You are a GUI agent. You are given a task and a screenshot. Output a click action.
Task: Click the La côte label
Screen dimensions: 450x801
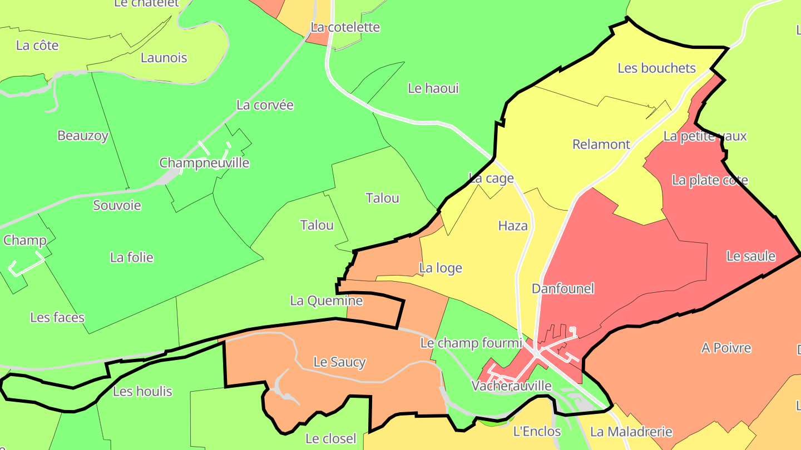click(x=37, y=46)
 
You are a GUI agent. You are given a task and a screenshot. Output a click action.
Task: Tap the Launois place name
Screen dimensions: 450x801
click(x=164, y=58)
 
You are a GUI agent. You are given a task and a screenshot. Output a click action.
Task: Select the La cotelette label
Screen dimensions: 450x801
click(x=345, y=27)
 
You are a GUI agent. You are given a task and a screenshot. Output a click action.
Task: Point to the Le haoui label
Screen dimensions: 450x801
click(x=433, y=88)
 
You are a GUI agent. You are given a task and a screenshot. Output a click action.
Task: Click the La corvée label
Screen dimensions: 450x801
click(x=265, y=105)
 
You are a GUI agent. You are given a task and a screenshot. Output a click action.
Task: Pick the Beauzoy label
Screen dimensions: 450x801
click(x=83, y=136)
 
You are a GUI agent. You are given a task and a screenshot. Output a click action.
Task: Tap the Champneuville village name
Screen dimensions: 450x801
click(x=204, y=163)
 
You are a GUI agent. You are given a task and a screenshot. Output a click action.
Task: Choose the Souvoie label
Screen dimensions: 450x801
click(x=117, y=206)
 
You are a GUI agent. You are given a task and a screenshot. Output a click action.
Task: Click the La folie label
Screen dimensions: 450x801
click(x=131, y=257)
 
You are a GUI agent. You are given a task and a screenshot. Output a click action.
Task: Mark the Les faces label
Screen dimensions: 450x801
click(x=57, y=317)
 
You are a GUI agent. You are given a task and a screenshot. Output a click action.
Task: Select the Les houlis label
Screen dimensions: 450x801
click(x=142, y=391)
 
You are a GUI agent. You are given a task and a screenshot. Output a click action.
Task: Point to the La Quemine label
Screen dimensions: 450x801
click(x=327, y=301)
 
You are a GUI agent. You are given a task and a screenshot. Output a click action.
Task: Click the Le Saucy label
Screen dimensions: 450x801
click(x=339, y=362)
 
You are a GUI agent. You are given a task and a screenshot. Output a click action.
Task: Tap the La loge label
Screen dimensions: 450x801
click(x=441, y=268)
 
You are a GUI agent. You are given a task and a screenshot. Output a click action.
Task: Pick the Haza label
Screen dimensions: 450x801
click(x=513, y=226)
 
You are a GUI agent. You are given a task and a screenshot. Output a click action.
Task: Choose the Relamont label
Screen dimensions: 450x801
click(x=601, y=144)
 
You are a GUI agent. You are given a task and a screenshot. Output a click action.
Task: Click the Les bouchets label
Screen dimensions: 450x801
click(x=656, y=68)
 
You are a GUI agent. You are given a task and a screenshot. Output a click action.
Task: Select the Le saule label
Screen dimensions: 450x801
click(x=751, y=256)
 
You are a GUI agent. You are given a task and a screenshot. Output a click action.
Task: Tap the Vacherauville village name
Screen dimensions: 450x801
click(x=511, y=386)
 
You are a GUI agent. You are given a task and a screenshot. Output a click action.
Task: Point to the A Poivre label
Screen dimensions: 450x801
click(x=726, y=348)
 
